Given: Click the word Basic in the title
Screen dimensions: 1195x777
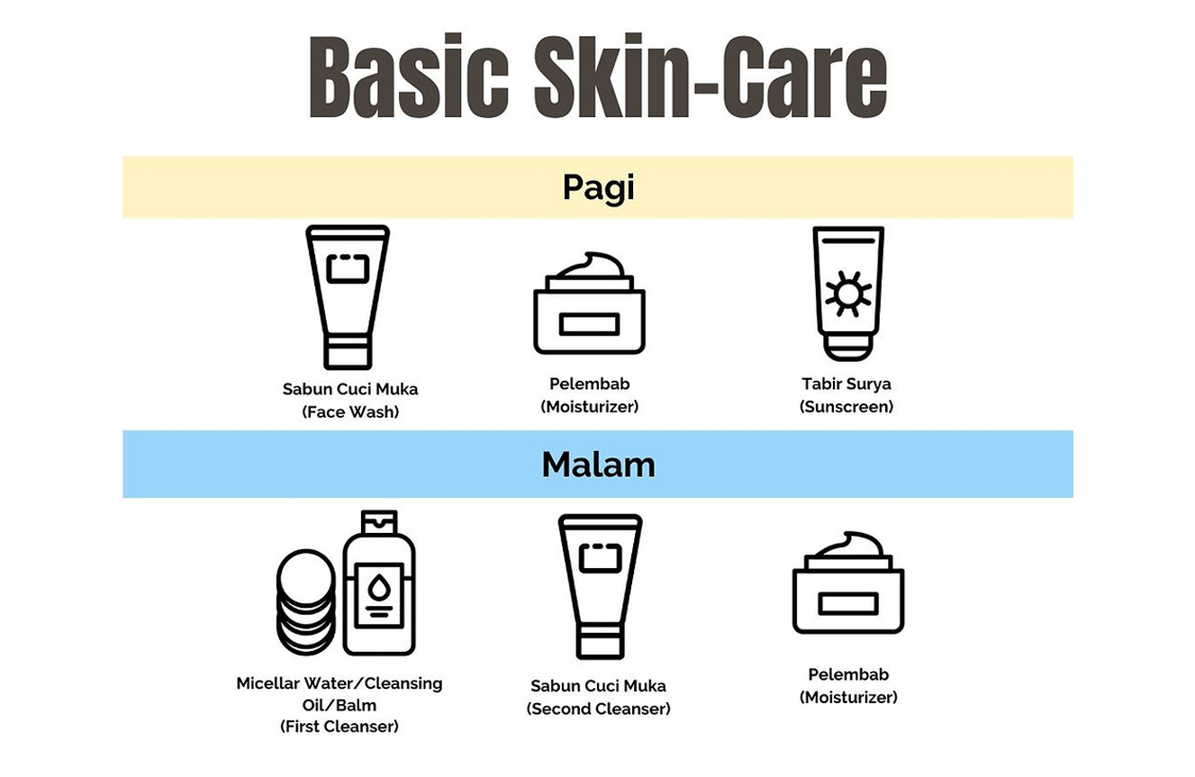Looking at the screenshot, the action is tap(409, 76).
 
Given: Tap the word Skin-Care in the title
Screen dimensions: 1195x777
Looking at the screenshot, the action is tap(711, 76).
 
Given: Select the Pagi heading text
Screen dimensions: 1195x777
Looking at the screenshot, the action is tap(599, 187).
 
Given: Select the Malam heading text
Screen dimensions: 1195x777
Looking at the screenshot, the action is tap(598, 465).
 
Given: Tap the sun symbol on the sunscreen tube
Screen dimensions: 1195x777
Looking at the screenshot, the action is tap(847, 294).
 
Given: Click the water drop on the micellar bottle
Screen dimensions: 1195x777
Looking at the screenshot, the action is tap(379, 588).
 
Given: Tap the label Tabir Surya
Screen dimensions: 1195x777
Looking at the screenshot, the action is tap(846, 384).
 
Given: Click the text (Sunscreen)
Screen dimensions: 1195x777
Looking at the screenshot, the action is tap(846, 407).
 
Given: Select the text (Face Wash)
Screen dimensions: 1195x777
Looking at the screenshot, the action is tap(350, 411).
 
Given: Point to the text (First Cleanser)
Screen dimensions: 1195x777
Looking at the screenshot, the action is tap(339, 727).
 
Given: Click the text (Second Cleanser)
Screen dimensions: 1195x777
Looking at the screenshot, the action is tap(599, 709).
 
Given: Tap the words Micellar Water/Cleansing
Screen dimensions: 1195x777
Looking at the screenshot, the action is tap(339, 683).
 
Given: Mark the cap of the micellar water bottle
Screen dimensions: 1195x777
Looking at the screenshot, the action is tap(379, 521).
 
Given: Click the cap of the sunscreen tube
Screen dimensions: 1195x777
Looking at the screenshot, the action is tap(848, 347).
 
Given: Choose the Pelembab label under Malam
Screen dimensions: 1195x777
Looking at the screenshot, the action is tap(848, 674).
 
